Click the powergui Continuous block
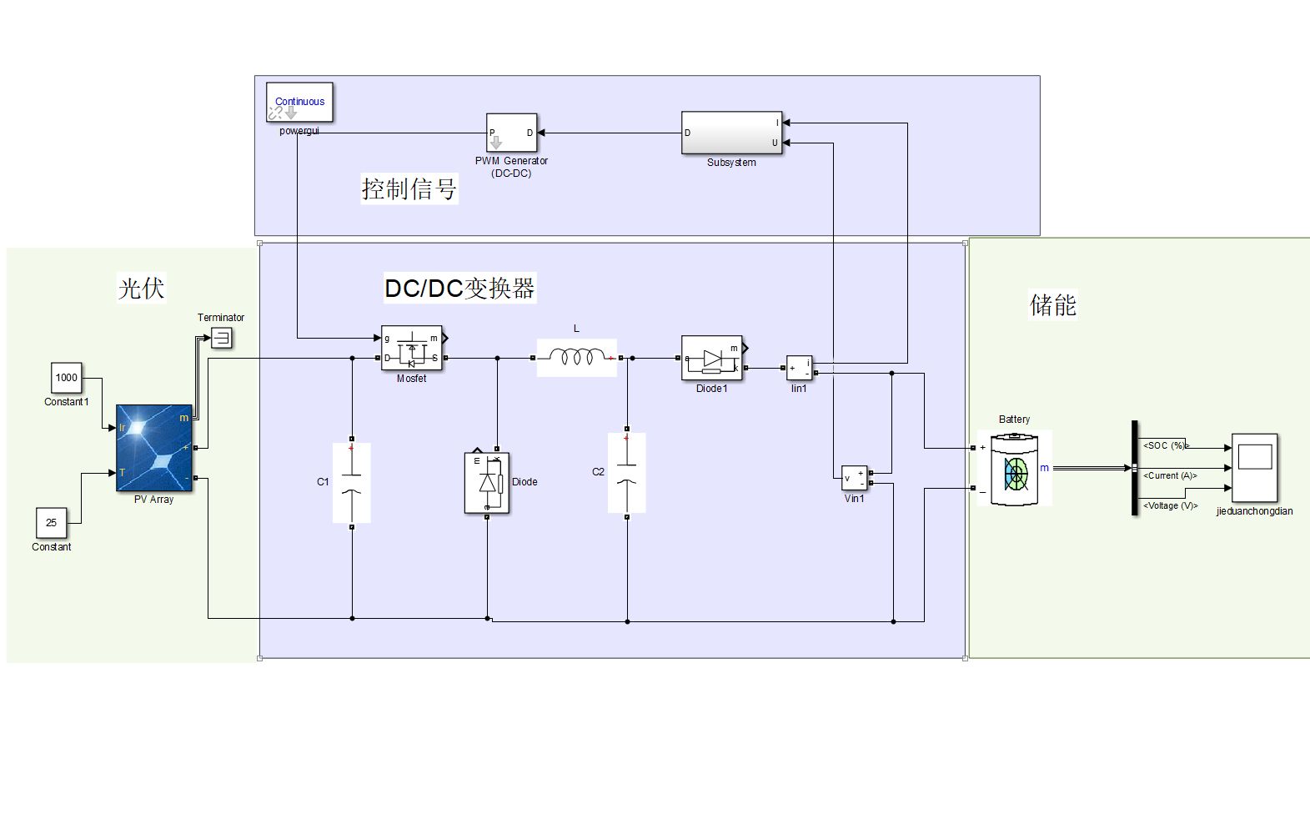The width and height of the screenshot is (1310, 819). (x=299, y=102)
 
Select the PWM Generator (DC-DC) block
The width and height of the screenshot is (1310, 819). (x=511, y=133)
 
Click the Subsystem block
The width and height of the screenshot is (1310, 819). (x=731, y=133)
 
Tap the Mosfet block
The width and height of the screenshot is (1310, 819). (x=411, y=348)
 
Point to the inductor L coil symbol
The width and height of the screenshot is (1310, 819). (x=577, y=358)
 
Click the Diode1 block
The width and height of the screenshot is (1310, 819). (x=711, y=359)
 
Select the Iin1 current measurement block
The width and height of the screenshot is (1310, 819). (x=799, y=367)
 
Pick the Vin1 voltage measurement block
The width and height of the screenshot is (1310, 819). (x=854, y=478)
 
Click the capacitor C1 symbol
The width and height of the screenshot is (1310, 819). (x=352, y=483)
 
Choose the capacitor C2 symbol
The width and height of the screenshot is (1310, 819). (x=627, y=473)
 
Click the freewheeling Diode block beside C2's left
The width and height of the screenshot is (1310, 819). (x=487, y=483)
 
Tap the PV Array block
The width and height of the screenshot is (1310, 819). (x=154, y=448)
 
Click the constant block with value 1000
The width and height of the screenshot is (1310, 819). (x=67, y=378)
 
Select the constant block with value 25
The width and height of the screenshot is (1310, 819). (x=51, y=523)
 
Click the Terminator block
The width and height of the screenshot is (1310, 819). (x=221, y=338)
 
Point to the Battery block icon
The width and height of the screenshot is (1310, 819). (x=1015, y=469)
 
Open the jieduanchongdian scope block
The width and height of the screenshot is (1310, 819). (x=1254, y=467)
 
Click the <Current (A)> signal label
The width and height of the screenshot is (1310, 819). (x=1170, y=475)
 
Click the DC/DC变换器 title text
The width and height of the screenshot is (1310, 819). (x=459, y=288)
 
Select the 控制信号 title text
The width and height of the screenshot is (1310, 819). (x=409, y=188)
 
